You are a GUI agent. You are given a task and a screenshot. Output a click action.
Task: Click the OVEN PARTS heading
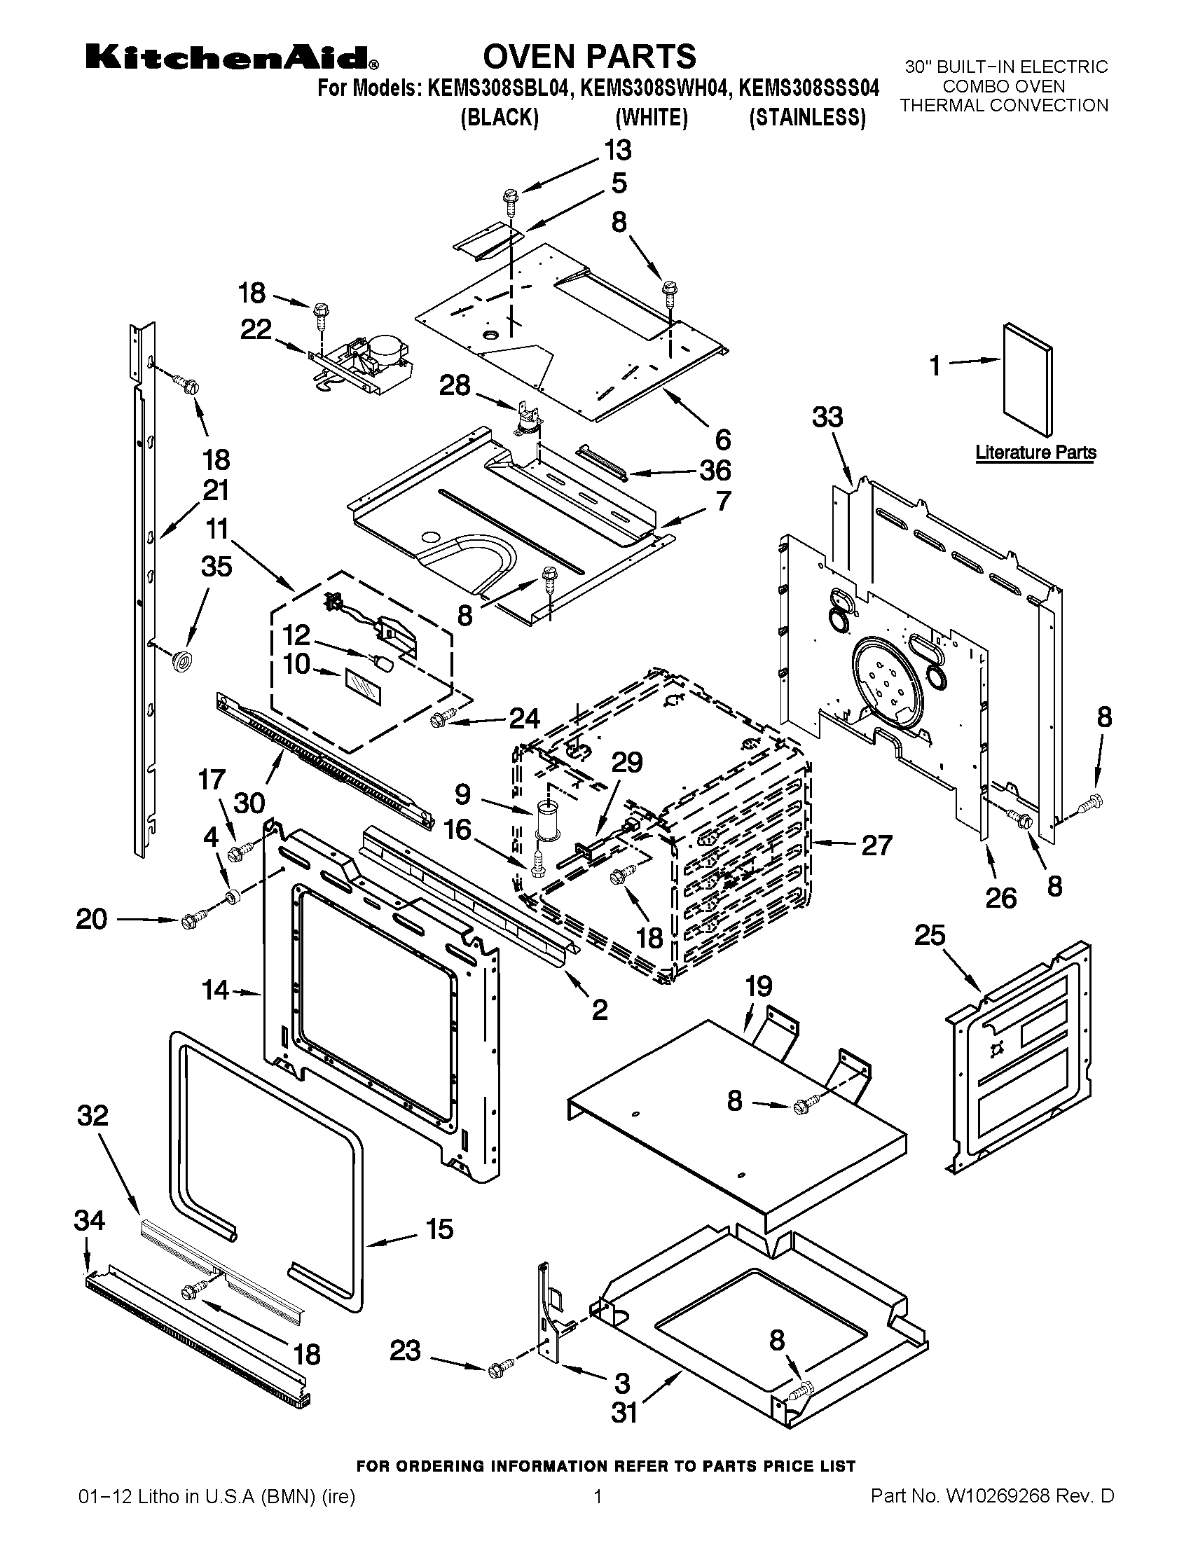[x=588, y=57]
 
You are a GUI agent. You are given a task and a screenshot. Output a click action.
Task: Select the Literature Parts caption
[x=1035, y=452]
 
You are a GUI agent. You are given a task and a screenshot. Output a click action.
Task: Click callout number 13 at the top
[x=617, y=151]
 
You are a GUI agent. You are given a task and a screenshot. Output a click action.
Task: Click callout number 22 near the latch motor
[x=256, y=329]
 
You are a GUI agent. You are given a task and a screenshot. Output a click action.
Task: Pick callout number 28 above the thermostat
[x=455, y=385]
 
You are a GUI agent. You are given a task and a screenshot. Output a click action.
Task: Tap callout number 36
[x=715, y=470]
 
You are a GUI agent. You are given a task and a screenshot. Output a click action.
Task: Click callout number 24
[x=524, y=718]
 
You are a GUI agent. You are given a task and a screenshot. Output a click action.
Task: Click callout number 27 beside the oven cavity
[x=876, y=844]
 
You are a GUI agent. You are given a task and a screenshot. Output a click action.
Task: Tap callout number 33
[x=827, y=417]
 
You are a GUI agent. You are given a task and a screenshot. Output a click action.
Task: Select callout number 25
[x=929, y=936]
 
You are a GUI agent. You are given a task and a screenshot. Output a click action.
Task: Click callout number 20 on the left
[x=92, y=920]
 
